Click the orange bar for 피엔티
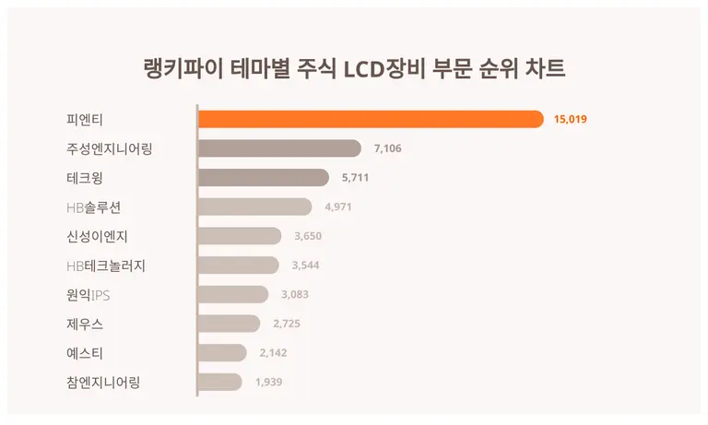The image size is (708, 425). (x=371, y=119)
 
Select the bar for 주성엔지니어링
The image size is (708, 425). (x=279, y=148)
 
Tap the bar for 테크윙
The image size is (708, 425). (x=264, y=178)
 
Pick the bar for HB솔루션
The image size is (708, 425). (x=254, y=207)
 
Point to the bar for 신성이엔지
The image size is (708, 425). (x=240, y=236)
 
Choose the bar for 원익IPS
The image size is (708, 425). (x=233, y=294)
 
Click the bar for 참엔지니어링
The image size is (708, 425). (x=220, y=382)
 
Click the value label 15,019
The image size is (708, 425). (x=571, y=120)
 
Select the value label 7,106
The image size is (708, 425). (x=387, y=148)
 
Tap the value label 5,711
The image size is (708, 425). (x=356, y=178)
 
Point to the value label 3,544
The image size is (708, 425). (x=305, y=266)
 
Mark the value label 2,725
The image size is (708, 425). (x=286, y=324)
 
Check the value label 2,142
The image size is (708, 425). (x=273, y=353)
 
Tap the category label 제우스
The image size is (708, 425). (x=85, y=324)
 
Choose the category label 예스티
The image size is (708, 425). (x=85, y=353)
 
